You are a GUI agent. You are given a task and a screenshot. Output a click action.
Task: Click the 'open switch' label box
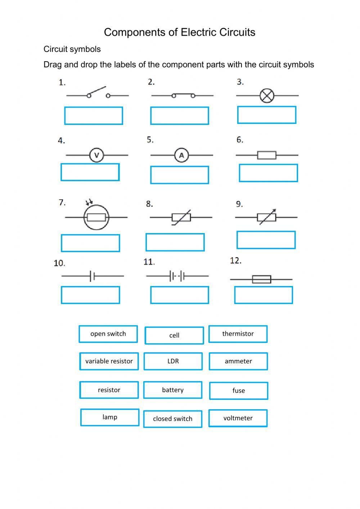pyautogui.click(x=108, y=334)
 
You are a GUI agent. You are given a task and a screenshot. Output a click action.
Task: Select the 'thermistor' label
pyautogui.click(x=238, y=334)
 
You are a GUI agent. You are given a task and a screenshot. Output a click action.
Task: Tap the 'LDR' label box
pyautogui.click(x=173, y=361)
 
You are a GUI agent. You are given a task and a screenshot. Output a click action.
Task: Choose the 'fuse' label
pyautogui.click(x=238, y=390)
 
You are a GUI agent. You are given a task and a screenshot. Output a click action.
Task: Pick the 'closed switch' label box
pyautogui.click(x=172, y=419)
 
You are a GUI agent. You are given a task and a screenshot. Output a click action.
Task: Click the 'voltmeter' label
pyautogui.click(x=238, y=418)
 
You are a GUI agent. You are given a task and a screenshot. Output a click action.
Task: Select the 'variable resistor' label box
pyautogui.click(x=109, y=361)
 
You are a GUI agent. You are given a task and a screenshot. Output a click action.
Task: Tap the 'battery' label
pyautogui.click(x=172, y=390)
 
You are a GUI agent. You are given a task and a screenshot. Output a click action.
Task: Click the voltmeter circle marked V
pyautogui.click(x=96, y=155)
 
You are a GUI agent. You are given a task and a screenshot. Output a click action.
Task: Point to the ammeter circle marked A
pyautogui.click(x=181, y=155)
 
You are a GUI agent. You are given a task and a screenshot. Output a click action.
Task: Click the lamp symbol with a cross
pyautogui.click(x=267, y=95)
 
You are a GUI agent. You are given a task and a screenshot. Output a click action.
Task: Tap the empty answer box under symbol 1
pyautogui.click(x=94, y=116)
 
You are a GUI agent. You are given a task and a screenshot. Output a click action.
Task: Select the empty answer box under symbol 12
pyautogui.click(x=264, y=295)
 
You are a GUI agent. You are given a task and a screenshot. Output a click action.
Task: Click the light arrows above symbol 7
pyautogui.click(x=89, y=202)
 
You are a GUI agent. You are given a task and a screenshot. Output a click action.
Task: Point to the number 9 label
pyautogui.click(x=239, y=204)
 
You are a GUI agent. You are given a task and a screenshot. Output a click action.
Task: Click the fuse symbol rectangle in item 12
pyautogui.click(x=261, y=279)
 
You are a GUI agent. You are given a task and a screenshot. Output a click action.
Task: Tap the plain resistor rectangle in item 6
pyautogui.click(x=267, y=155)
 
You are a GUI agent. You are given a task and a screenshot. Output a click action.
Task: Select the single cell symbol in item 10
pyautogui.click(x=92, y=276)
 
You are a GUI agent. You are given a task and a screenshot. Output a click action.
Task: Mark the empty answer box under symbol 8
pyautogui.click(x=175, y=242)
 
